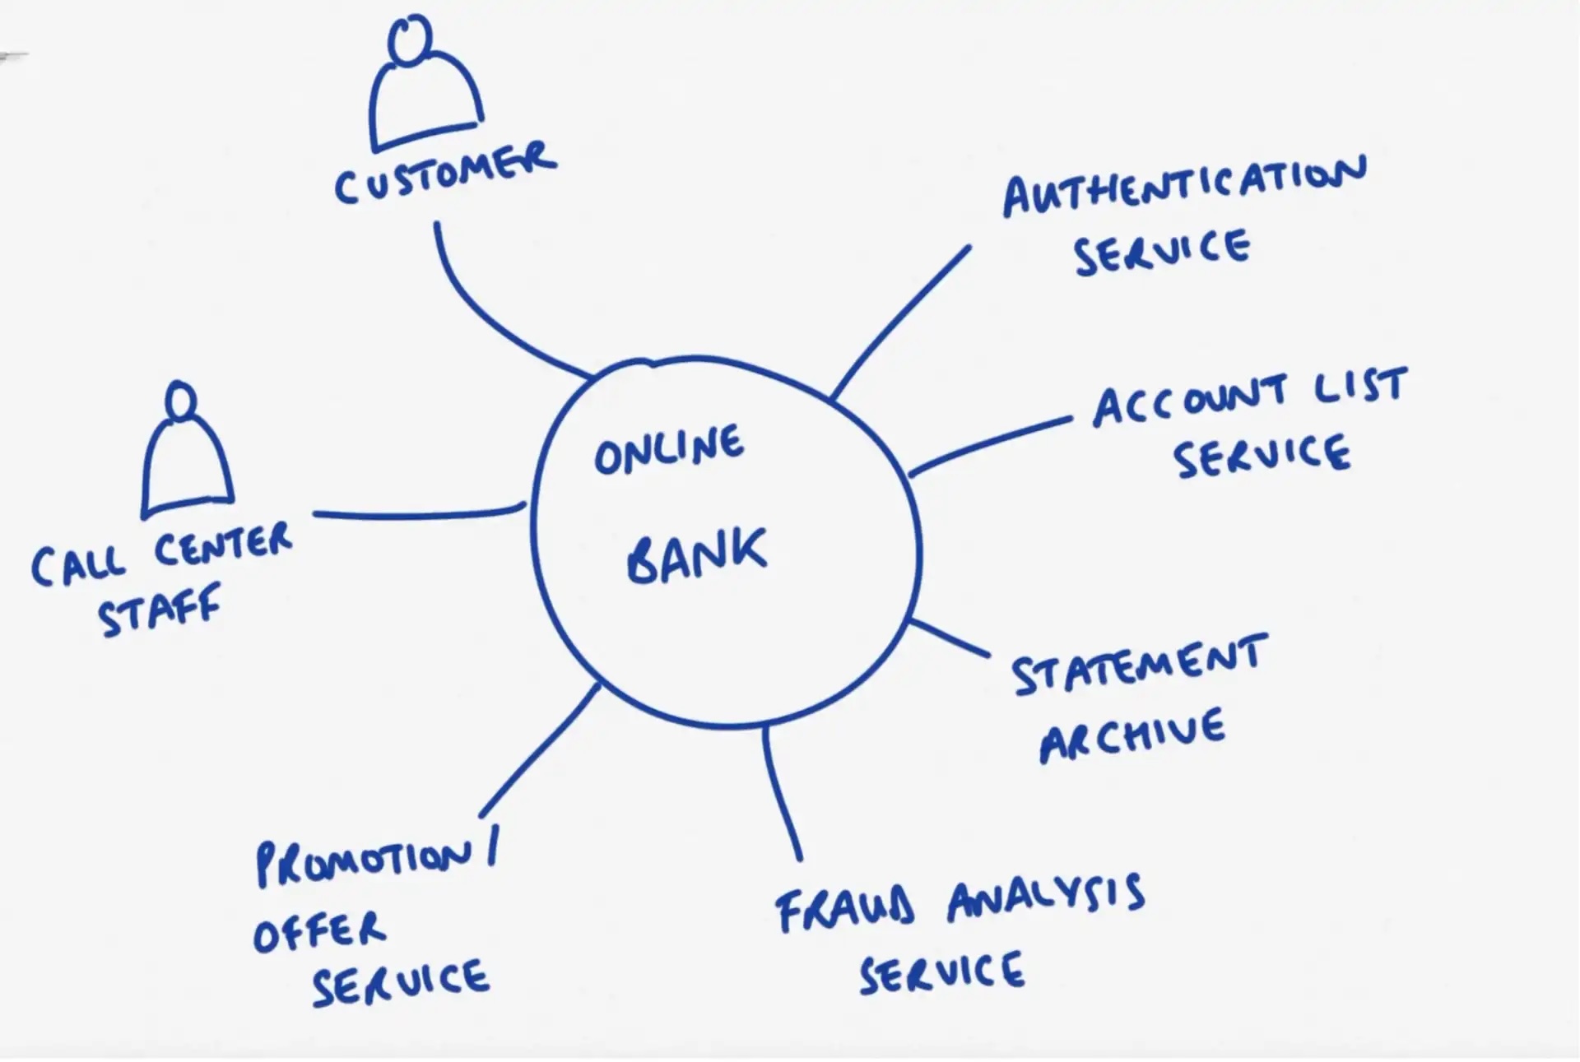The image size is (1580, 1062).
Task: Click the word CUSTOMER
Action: pyautogui.click(x=445, y=174)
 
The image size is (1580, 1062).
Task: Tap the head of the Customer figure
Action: pyautogui.click(x=410, y=39)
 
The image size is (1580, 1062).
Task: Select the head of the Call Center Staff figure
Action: pyautogui.click(x=181, y=401)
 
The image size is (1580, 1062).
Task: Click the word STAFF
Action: pyautogui.click(x=160, y=610)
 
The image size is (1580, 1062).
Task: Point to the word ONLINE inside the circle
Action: pyautogui.click(x=668, y=450)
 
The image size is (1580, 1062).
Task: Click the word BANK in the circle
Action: pyautogui.click(x=696, y=556)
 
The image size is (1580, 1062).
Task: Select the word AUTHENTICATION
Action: pyautogui.click(x=1183, y=187)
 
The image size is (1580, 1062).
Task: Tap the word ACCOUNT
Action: pyautogui.click(x=1189, y=401)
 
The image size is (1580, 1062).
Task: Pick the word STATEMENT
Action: pyautogui.click(x=1139, y=665)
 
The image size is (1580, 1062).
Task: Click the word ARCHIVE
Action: pyautogui.click(x=1132, y=735)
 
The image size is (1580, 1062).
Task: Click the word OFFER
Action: pyautogui.click(x=319, y=932)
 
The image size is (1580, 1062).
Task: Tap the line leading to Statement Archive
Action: pyautogui.click(x=950, y=638)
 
